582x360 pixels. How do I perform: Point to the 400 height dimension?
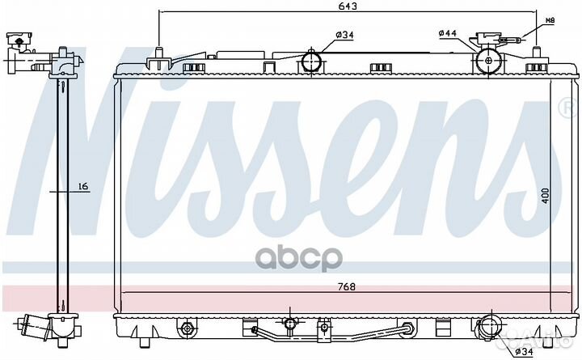[546, 194]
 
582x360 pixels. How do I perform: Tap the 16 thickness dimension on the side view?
[82, 187]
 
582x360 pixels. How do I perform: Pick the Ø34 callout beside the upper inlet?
[345, 34]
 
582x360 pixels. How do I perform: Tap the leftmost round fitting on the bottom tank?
[188, 328]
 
